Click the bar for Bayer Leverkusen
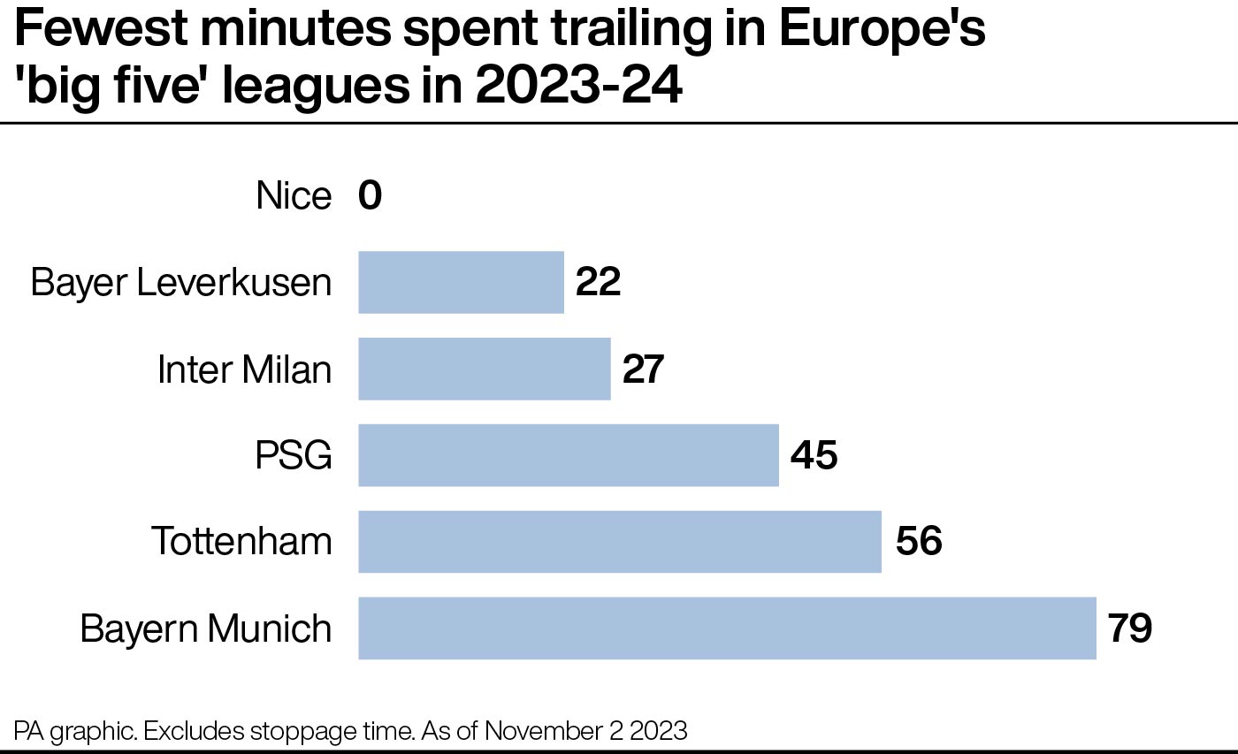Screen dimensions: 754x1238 point(461,282)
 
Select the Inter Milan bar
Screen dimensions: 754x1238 point(484,369)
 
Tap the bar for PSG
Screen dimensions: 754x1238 point(568,455)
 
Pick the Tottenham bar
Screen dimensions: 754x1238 point(619,541)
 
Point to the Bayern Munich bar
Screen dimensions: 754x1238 point(726,628)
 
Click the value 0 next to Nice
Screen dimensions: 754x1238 point(371,195)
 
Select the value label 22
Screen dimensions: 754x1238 point(598,282)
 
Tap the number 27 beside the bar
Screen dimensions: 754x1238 point(643,369)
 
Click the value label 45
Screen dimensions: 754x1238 point(814,455)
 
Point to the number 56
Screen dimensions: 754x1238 point(918,541)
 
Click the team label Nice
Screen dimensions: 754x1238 point(294,195)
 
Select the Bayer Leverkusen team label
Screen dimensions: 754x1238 point(181,282)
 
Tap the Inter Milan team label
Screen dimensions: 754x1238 point(244,369)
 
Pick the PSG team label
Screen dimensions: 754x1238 point(294,455)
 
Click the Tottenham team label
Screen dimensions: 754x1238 point(241,541)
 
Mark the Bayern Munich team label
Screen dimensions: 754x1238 point(206,628)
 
